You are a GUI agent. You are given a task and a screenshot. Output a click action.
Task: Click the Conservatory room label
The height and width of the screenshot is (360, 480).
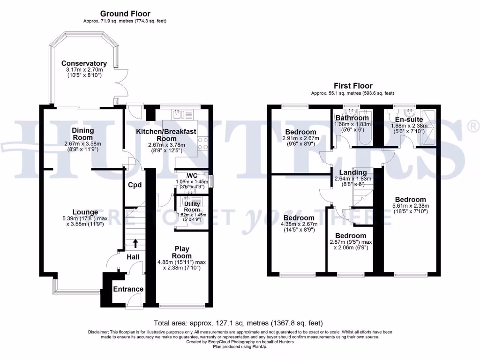[x=84, y=63]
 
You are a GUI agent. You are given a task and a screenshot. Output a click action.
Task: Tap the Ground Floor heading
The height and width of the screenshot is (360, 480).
[x=125, y=14]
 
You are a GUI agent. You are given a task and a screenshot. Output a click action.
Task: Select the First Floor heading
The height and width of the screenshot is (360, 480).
[x=353, y=86]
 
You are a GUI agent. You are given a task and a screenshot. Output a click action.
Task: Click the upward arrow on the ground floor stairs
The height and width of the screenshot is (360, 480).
[x=135, y=243]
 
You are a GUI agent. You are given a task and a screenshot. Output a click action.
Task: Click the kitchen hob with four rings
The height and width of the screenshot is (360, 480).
[x=202, y=143]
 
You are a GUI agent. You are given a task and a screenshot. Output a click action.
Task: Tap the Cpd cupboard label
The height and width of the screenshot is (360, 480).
[x=135, y=185]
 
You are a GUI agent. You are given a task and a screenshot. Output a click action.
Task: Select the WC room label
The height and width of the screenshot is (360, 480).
[x=192, y=176]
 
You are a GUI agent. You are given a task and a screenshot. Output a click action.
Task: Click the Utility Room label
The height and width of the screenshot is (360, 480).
[x=192, y=207]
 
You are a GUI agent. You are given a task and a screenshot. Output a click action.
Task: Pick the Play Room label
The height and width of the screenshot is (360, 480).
[x=182, y=252]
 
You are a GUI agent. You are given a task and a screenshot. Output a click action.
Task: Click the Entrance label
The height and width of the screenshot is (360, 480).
[x=128, y=289]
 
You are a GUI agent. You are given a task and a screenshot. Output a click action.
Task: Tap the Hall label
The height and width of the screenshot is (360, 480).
[x=133, y=257]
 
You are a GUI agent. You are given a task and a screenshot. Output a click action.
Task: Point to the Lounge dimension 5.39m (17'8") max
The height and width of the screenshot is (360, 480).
[x=85, y=218]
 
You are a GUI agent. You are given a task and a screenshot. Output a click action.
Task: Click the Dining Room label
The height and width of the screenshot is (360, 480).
[x=82, y=134]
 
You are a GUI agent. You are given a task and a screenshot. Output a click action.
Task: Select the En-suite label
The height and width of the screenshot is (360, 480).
[x=409, y=120]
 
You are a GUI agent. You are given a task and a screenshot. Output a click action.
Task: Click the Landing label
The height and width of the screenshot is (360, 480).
[x=353, y=172]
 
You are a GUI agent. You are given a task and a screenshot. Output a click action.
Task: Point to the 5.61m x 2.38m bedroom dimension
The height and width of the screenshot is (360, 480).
[x=411, y=206]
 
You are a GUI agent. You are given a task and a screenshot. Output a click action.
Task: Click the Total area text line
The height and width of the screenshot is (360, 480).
[x=238, y=323]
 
